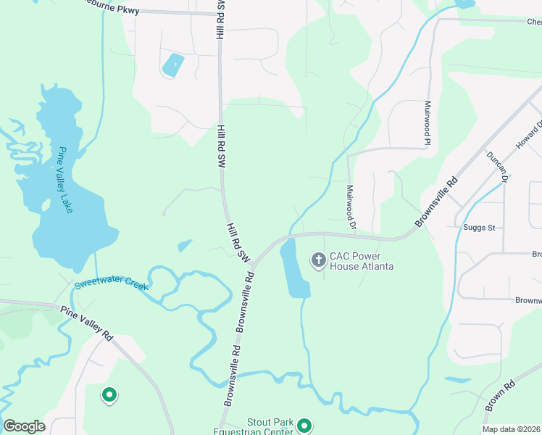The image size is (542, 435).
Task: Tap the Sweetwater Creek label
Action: pyautogui.click(x=112, y=284)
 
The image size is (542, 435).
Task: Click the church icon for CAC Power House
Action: pyautogui.click(x=318, y=260)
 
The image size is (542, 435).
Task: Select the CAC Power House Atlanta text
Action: pyautogui.click(x=362, y=261)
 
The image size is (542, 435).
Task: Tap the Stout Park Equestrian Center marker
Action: pyautogui.click(x=304, y=426)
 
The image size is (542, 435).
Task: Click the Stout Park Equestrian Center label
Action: pyautogui.click(x=270, y=426)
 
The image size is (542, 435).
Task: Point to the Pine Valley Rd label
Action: pyautogui.click(x=87, y=323)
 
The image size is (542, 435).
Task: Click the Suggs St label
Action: pyautogui.click(x=478, y=228)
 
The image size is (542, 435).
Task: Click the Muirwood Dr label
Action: pyautogui.click(x=351, y=207)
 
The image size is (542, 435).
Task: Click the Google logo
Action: pyautogui.click(x=24, y=426)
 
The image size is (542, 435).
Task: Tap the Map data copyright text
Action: pyautogui.click(x=511, y=429)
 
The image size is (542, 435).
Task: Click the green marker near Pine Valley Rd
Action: pyautogui.click(x=109, y=395)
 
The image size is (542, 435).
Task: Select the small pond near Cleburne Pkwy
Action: pyautogui.click(x=173, y=65)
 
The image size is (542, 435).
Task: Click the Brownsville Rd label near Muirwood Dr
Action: pyautogui.click(x=436, y=201)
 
